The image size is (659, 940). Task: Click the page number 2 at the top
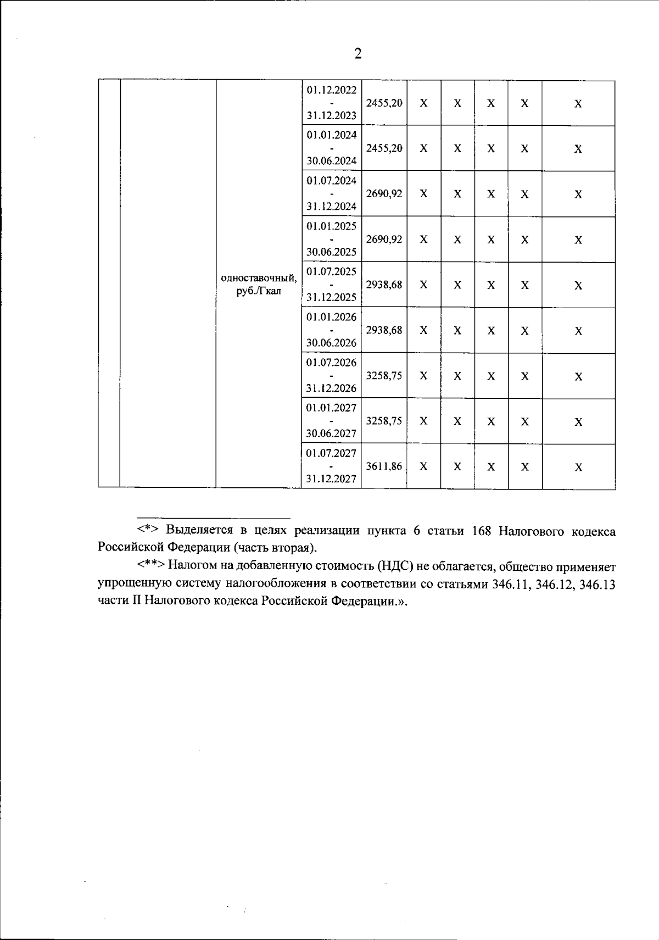[x=358, y=53]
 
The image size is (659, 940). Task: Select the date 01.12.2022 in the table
[x=331, y=90]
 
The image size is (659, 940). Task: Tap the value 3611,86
[x=384, y=466]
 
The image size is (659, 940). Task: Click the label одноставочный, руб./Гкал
[x=259, y=285]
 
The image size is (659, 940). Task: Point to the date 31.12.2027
[x=331, y=479]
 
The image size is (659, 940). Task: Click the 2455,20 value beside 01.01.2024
[x=384, y=148]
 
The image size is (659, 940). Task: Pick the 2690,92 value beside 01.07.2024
[x=384, y=194]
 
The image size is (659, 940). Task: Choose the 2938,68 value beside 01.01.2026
[x=384, y=330]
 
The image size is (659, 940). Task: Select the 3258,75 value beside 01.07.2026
[x=384, y=376]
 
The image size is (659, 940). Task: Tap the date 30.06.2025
[x=331, y=252]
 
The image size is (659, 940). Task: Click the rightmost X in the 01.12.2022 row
[x=578, y=104]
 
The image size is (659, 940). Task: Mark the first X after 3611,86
[x=423, y=466]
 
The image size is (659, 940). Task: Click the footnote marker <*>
[x=148, y=531]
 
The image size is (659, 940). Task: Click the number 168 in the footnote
[x=481, y=531]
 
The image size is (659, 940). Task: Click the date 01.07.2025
[x=331, y=271]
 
